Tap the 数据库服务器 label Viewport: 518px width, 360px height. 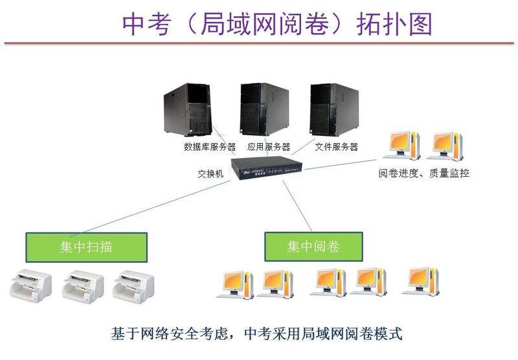(210, 147)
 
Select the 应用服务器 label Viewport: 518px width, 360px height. (269, 147)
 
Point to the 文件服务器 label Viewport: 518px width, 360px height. (337, 147)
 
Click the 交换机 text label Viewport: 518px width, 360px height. (210, 174)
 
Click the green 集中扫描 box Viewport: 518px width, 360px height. (87, 247)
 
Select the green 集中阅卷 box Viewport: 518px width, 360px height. (313, 247)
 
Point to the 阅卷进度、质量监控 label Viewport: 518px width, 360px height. (424, 174)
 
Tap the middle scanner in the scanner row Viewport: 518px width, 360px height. (83, 285)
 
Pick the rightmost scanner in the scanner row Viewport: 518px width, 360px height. (133, 285)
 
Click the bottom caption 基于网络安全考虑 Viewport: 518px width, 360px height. (257, 335)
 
